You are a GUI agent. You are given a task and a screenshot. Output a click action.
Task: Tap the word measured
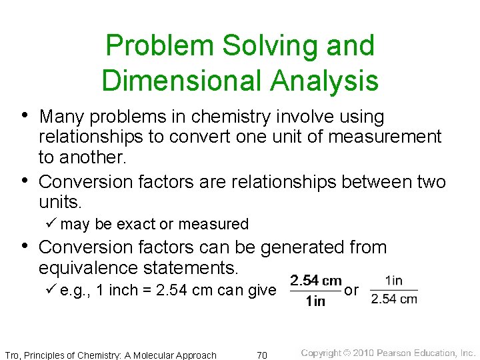click(213, 224)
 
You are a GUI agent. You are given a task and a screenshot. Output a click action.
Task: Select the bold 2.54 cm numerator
click(316, 281)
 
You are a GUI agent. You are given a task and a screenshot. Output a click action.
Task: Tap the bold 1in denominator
click(315, 301)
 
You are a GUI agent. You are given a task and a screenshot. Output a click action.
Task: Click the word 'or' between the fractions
click(351, 290)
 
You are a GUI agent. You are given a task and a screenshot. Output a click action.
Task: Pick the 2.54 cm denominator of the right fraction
click(394, 299)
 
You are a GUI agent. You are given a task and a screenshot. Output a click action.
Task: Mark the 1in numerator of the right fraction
click(394, 281)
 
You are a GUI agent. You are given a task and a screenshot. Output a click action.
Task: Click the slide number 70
click(262, 355)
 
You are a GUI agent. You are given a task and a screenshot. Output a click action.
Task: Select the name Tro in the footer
click(12, 355)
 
